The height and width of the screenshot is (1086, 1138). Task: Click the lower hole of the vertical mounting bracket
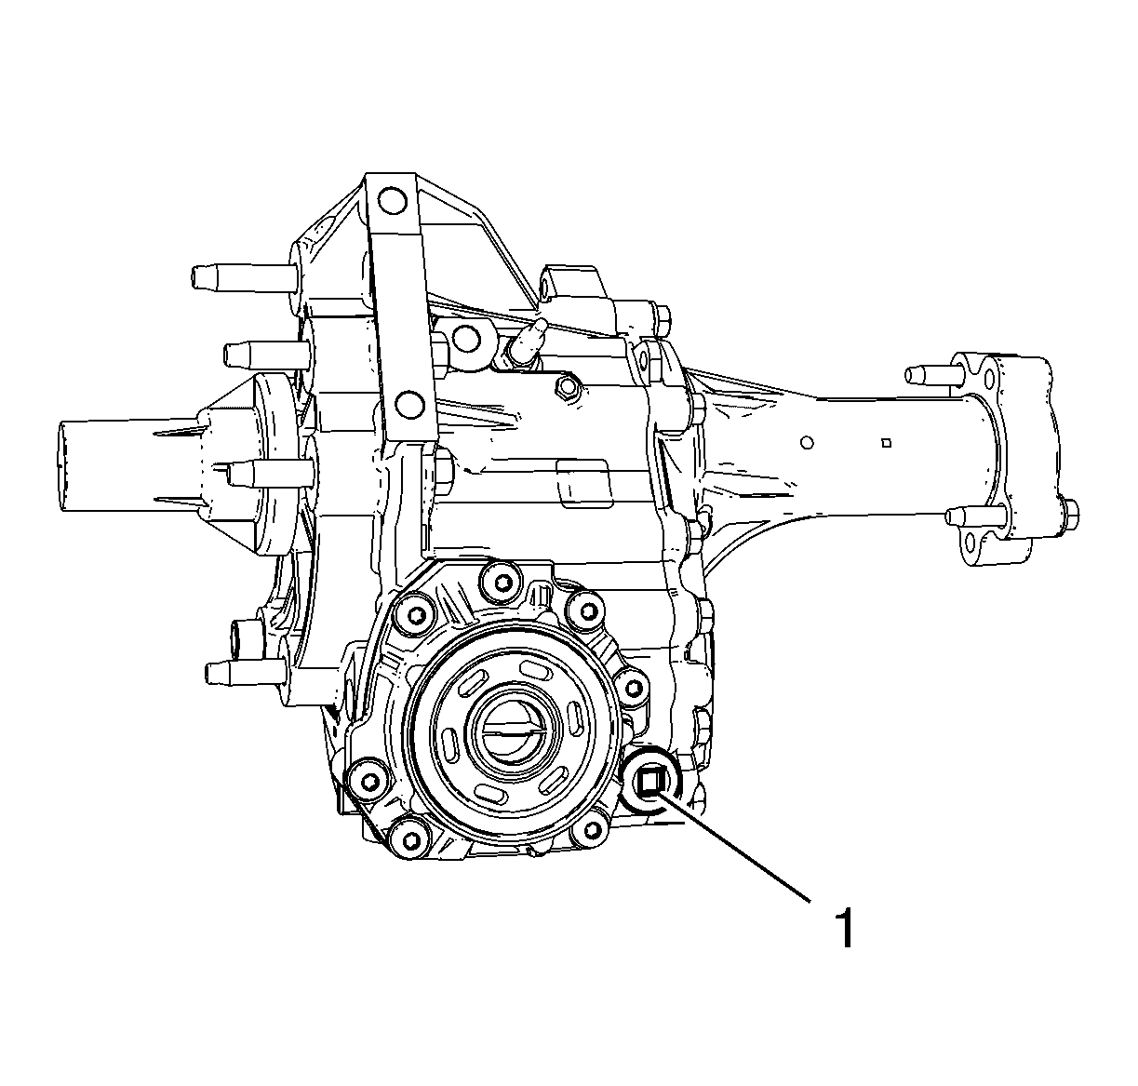(410, 404)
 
